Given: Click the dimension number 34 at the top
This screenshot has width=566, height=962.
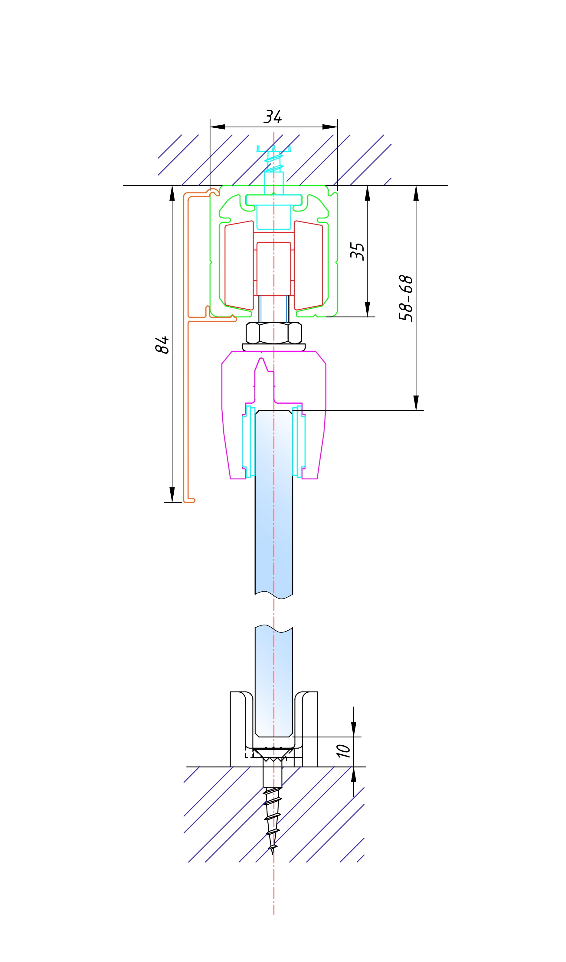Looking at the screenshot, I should tap(273, 117).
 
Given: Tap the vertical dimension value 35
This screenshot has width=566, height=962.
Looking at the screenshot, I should tap(357, 251).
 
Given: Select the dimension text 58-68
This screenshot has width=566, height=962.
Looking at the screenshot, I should tap(406, 298).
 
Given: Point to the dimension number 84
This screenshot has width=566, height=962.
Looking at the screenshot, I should tap(162, 345).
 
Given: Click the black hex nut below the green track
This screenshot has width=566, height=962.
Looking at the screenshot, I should tap(274, 333).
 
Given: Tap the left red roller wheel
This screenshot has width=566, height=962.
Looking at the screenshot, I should tap(239, 265).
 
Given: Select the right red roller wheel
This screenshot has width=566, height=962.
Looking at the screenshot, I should tap(308, 265).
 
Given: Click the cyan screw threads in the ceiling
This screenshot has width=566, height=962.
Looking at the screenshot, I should tap(274, 162).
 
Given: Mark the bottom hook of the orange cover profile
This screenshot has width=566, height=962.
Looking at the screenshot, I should tap(190, 501).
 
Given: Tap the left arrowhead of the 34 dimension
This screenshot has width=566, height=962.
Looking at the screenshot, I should tap(218, 127).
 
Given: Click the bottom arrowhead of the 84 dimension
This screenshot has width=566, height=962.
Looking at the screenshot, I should tap(172, 494).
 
